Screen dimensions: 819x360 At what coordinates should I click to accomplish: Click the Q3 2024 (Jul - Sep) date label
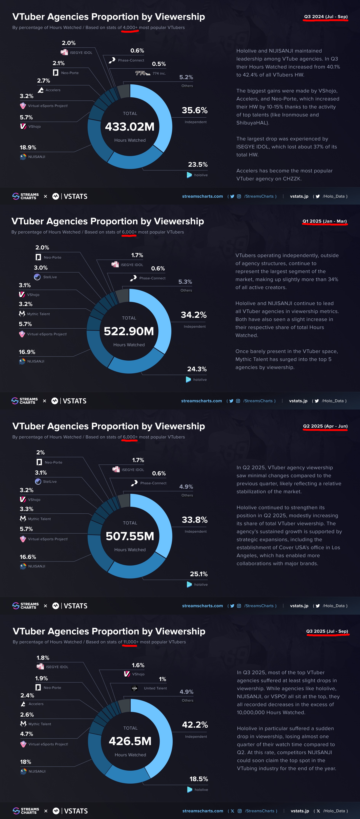pyautogui.click(x=326, y=17)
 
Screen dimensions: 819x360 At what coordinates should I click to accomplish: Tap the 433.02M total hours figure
pyautogui.click(x=130, y=127)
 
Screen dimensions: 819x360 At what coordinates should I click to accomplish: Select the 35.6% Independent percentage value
pyautogui.click(x=194, y=110)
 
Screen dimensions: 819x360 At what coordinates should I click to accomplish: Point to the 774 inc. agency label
pyautogui.click(x=159, y=73)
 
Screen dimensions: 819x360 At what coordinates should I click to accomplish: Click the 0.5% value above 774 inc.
pyautogui.click(x=159, y=64)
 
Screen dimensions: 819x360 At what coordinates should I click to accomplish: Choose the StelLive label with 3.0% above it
pyautogui.click(x=50, y=277)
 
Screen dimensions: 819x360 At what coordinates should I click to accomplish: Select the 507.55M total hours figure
pyautogui.click(x=130, y=536)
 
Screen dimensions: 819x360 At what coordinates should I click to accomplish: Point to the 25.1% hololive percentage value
pyautogui.click(x=198, y=574)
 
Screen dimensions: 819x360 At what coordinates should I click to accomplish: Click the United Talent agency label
pyautogui.click(x=155, y=688)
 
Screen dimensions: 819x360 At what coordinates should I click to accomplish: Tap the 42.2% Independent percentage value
pyautogui.click(x=195, y=725)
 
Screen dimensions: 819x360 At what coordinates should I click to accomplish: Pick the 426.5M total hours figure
pyautogui.click(x=130, y=741)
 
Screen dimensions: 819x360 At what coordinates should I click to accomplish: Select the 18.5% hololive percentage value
pyautogui.click(x=198, y=779)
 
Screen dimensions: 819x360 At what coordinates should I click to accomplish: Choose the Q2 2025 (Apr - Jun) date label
pyautogui.click(x=325, y=426)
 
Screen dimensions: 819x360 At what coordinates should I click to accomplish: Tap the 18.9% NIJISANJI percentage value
pyautogui.click(x=28, y=147)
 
